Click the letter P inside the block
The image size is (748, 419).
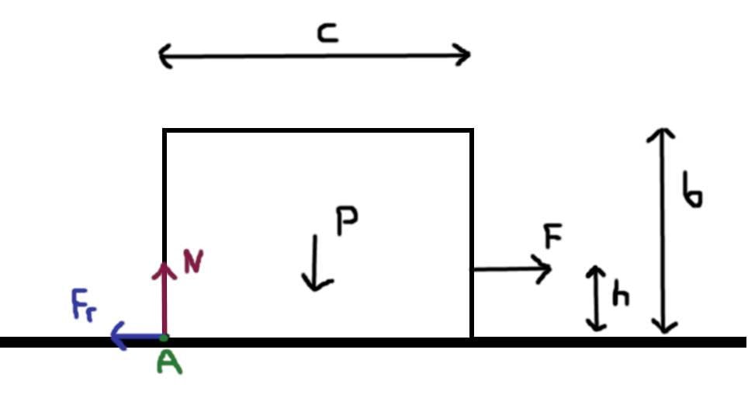tap(346, 221)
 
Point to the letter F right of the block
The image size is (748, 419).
tap(552, 237)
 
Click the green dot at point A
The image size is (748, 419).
tap(164, 338)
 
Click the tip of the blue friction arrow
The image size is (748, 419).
tap(112, 338)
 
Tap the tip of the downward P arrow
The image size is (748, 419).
tap(314, 290)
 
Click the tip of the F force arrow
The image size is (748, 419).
tap(551, 269)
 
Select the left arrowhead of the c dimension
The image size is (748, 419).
tap(160, 56)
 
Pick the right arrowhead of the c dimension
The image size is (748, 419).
tap(469, 55)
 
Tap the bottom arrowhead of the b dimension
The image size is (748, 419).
tap(663, 332)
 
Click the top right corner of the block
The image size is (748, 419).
tap(472, 131)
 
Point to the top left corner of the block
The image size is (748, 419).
tap(164, 131)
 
